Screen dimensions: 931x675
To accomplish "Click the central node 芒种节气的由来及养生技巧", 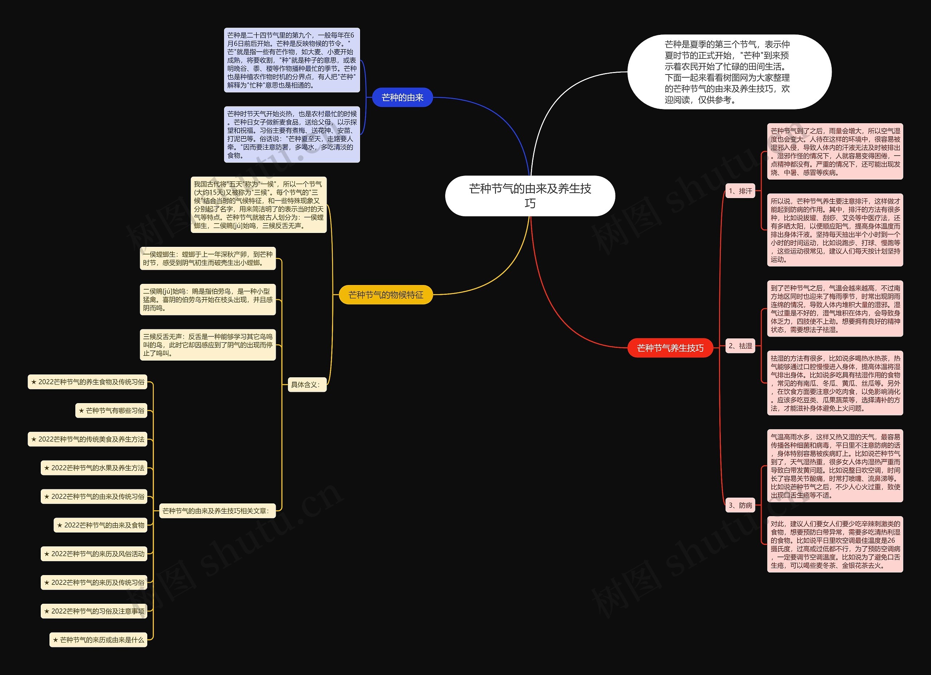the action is tap(530, 196).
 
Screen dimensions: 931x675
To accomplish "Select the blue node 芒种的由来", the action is tap(402, 97).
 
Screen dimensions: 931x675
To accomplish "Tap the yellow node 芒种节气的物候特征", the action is tap(385, 295).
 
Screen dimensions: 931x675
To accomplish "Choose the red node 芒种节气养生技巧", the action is tap(670, 348).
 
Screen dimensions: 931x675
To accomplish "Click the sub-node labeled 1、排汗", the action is tap(740, 191).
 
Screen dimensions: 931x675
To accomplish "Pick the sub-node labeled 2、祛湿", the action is tap(740, 346).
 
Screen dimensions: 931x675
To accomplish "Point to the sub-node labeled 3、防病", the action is tap(740, 505).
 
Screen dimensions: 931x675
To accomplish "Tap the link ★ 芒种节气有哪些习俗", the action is tap(111, 410).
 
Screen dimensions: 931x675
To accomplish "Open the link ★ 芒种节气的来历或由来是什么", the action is tap(98, 640).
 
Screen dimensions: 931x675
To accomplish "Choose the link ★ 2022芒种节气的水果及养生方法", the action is tap(94, 468).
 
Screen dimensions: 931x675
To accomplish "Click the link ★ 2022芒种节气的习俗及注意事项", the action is tap(94, 611).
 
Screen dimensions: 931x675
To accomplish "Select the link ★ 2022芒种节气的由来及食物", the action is tap(101, 525).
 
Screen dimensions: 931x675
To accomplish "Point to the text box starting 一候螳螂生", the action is tap(208, 258).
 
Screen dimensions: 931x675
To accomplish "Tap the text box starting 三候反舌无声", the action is tap(208, 345).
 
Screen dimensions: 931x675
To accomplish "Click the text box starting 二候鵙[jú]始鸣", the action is tap(208, 300).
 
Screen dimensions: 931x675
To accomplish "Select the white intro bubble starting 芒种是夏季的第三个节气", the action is tap(729, 72).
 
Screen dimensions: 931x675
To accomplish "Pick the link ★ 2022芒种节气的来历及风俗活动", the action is tap(94, 554).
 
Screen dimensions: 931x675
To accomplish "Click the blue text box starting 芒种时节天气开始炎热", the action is tap(292, 134).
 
